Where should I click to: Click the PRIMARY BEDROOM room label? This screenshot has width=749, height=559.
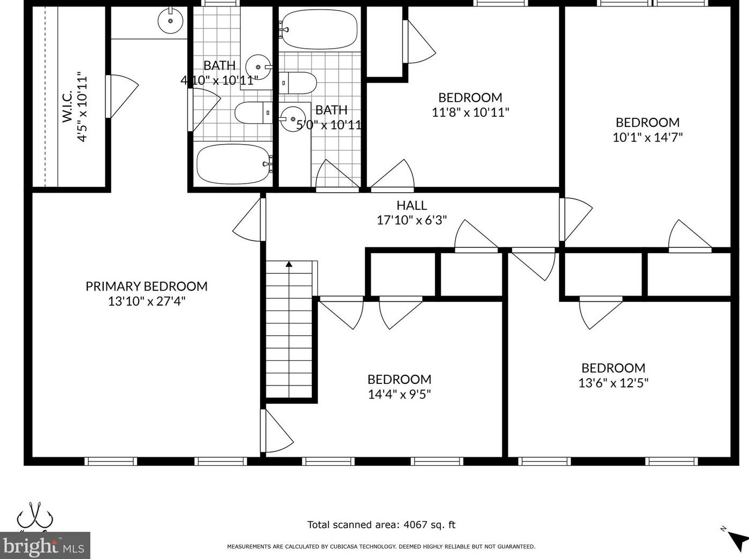(146, 286)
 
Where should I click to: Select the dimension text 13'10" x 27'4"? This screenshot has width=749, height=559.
(146, 301)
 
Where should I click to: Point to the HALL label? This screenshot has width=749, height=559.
(411, 205)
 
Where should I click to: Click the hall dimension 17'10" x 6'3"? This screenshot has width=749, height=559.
(411, 220)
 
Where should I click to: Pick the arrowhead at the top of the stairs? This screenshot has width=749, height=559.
(289, 263)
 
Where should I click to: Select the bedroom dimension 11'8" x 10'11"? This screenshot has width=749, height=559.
(470, 112)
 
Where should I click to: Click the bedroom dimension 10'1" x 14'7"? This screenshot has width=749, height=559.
(647, 137)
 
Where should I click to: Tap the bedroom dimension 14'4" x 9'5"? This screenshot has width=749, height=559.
(399, 395)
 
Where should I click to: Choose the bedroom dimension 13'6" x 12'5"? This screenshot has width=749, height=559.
(613, 383)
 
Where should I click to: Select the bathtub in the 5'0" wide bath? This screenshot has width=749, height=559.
(319, 30)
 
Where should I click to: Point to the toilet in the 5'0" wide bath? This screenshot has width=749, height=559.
(299, 83)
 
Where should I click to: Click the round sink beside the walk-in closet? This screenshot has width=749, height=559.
(171, 21)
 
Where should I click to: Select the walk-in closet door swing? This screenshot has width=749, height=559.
(122, 96)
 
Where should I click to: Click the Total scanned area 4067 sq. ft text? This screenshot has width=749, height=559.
(381, 525)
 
